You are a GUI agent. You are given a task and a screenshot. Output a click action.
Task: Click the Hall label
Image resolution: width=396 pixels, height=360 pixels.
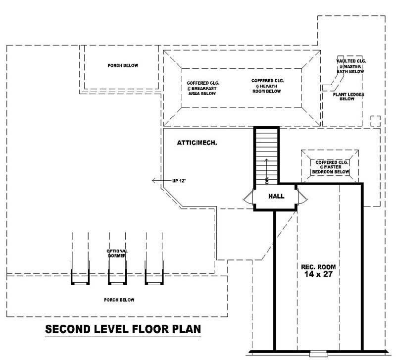276,197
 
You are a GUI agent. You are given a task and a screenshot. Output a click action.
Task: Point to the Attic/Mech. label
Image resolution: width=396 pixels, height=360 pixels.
198,143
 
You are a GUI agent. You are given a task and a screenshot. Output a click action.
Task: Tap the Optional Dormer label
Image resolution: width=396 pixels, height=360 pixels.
117,254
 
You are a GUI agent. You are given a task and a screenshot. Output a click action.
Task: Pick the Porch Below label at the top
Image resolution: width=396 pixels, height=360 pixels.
123,65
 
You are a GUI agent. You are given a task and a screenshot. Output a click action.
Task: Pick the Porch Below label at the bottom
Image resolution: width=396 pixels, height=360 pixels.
119,300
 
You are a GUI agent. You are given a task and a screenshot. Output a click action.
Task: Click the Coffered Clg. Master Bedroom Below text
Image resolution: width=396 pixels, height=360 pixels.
331,167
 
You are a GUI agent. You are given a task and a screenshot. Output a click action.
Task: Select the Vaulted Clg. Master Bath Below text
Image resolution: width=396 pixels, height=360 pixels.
350,66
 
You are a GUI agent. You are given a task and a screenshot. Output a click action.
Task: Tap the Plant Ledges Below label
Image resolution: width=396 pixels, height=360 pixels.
347,96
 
